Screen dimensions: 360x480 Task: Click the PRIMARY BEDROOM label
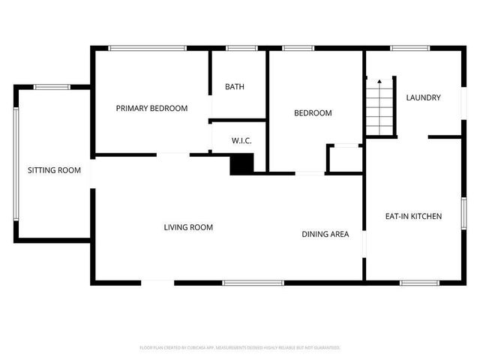(x=151, y=108)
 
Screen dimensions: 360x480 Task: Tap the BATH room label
(x=235, y=86)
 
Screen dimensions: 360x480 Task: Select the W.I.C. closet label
(x=240, y=140)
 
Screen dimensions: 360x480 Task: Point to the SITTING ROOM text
(x=54, y=170)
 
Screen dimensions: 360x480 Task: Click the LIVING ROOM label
(x=189, y=227)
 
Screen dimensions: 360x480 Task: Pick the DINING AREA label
(x=325, y=234)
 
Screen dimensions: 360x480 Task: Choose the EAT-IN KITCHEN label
(x=413, y=216)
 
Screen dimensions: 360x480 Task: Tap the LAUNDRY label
(x=423, y=97)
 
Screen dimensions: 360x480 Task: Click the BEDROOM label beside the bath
(x=313, y=113)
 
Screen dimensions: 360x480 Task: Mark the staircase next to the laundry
(x=380, y=106)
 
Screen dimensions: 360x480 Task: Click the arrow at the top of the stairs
(x=379, y=80)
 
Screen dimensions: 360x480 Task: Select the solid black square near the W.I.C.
(x=241, y=164)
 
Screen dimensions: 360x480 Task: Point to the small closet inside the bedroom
(x=345, y=158)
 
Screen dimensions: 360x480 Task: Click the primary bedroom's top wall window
(x=147, y=49)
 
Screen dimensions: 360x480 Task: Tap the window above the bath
(x=241, y=49)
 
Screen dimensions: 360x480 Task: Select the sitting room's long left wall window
(x=16, y=163)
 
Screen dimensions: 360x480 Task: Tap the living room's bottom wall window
(x=253, y=283)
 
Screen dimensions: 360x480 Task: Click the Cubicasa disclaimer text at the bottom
(x=240, y=348)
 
